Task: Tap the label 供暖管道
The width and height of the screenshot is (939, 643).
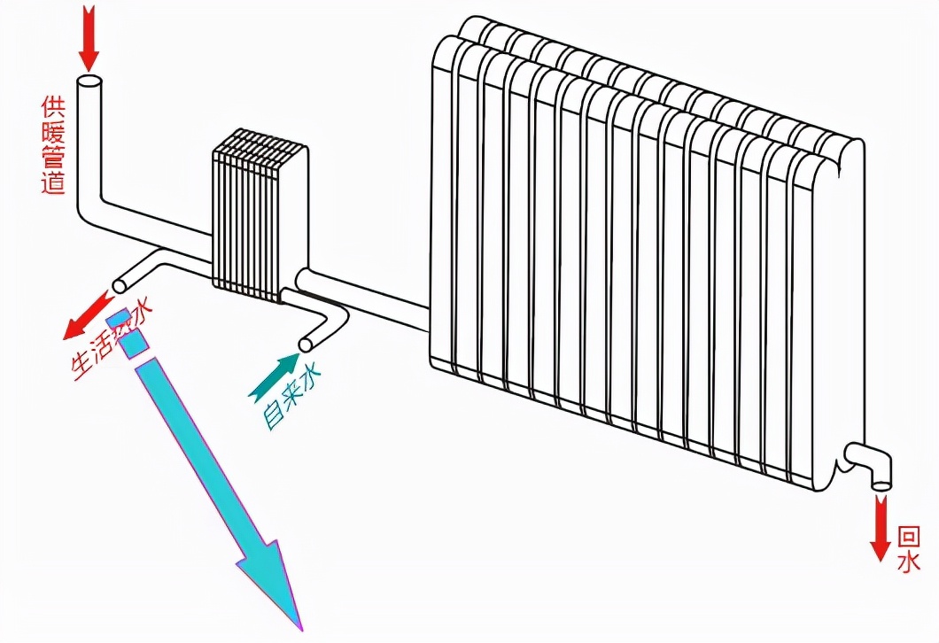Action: coord(52,146)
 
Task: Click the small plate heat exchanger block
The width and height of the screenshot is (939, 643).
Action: coord(259,217)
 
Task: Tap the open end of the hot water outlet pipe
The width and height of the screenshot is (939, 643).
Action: coord(120,285)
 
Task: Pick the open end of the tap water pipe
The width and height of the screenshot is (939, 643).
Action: coord(307,344)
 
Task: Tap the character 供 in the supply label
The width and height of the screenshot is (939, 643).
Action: coord(52,107)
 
